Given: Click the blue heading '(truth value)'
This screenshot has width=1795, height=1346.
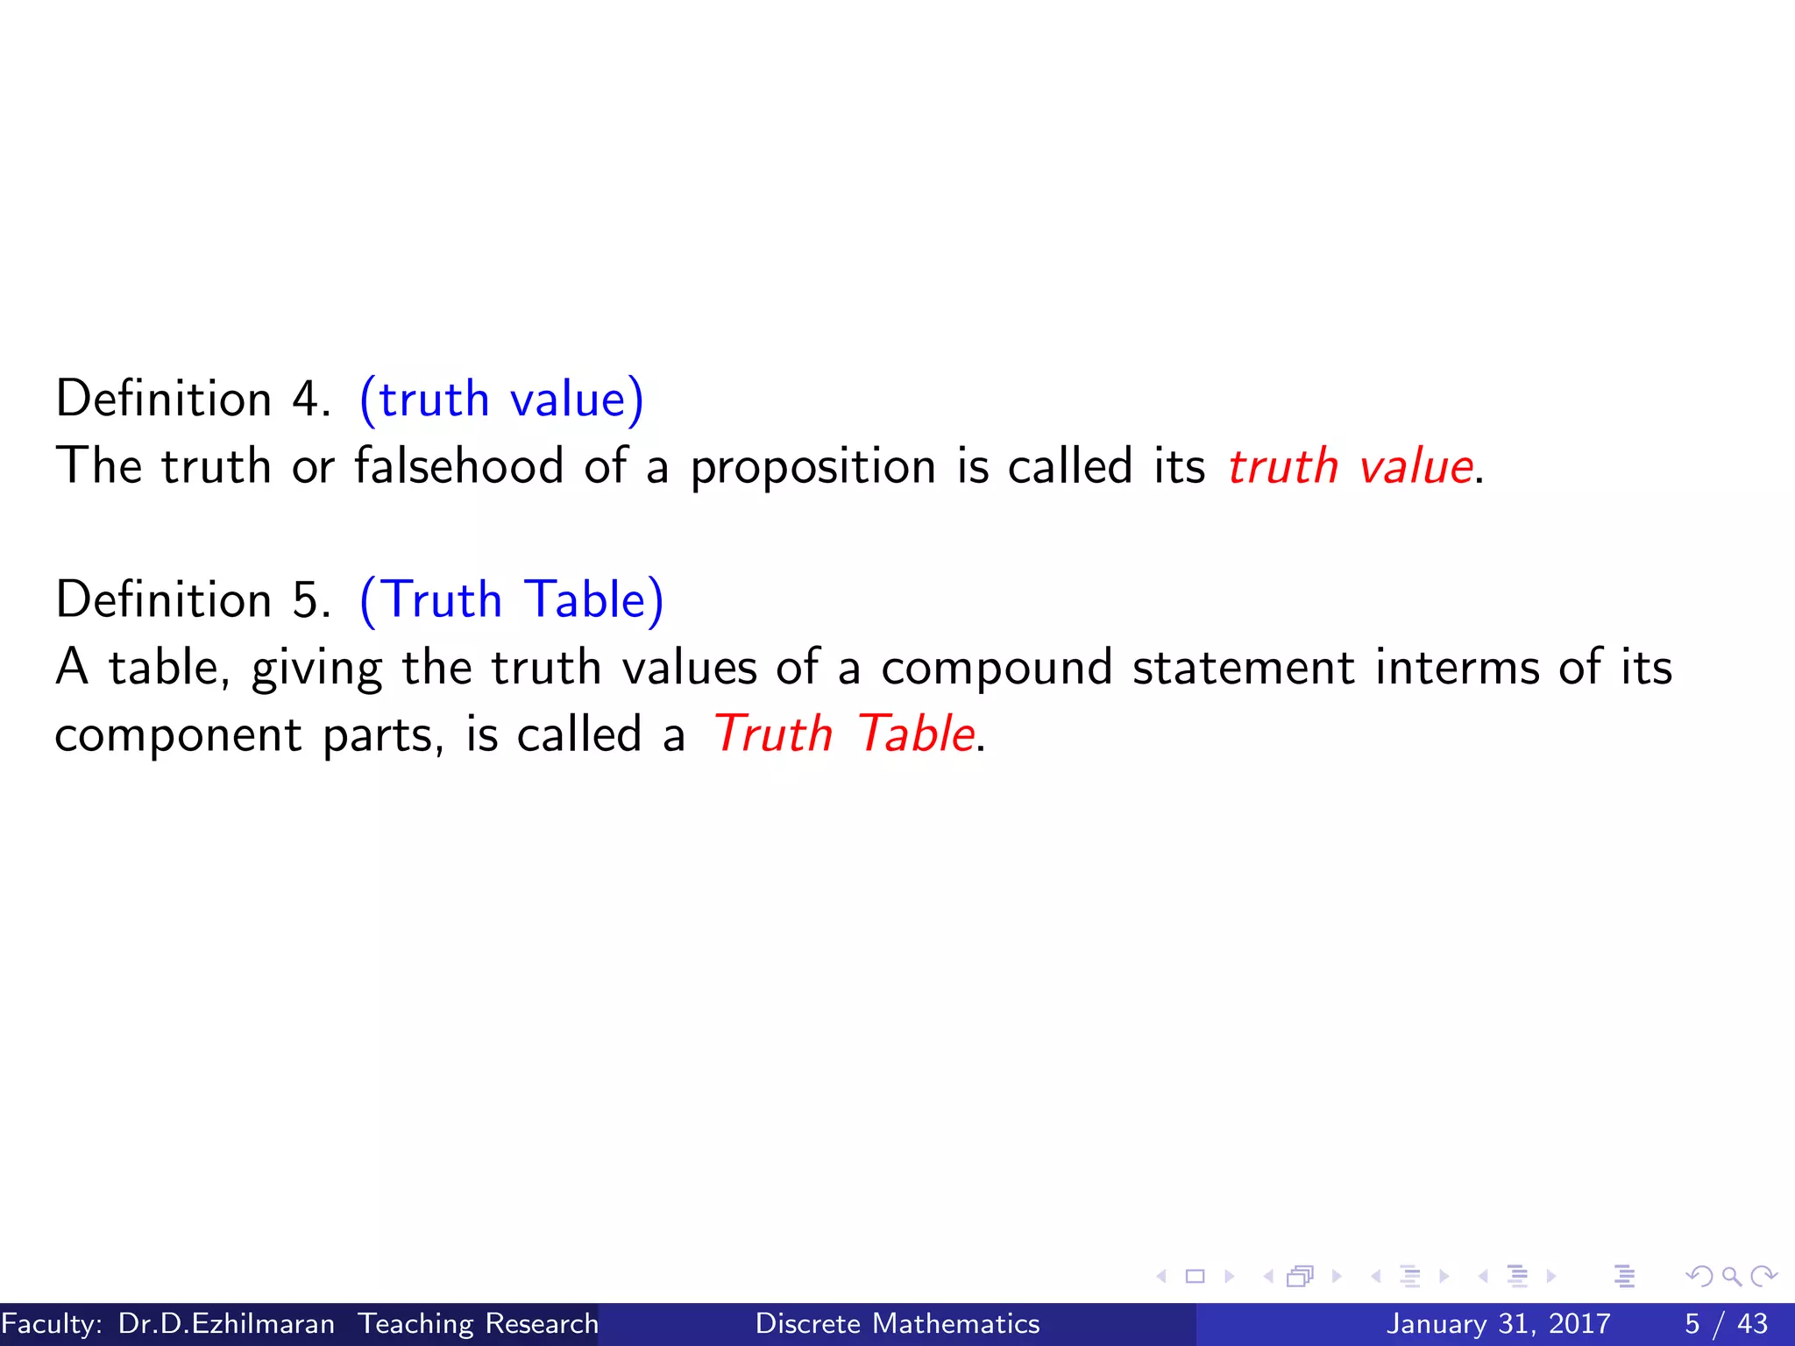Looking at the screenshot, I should coord(501,400).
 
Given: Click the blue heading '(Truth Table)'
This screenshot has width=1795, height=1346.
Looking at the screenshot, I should coord(512,600).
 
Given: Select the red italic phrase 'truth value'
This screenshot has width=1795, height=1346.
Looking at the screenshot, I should coord(1350,466).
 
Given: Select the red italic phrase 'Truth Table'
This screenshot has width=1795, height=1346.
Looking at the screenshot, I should coord(843,734).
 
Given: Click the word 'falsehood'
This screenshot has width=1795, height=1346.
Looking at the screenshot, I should coord(458,465).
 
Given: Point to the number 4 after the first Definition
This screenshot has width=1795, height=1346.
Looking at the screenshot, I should coord(306,400).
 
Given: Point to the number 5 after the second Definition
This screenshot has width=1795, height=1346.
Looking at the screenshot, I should coord(306,600).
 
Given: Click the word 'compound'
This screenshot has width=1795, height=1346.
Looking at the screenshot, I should coord(997,669).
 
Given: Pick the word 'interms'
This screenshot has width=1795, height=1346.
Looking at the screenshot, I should coord(1457,668).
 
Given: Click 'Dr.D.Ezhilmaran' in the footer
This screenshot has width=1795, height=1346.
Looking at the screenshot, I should coord(226,1323).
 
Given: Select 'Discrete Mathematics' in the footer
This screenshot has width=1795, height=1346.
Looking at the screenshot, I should coord(897,1323).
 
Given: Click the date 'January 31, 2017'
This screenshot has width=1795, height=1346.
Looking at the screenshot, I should coord(1498,1323).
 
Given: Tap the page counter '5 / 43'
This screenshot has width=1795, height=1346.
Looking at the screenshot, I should coord(1726,1323).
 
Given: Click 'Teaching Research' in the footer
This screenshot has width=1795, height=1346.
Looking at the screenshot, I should coord(479,1323).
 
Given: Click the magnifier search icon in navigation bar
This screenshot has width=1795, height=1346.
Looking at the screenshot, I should coord(1731,1277).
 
